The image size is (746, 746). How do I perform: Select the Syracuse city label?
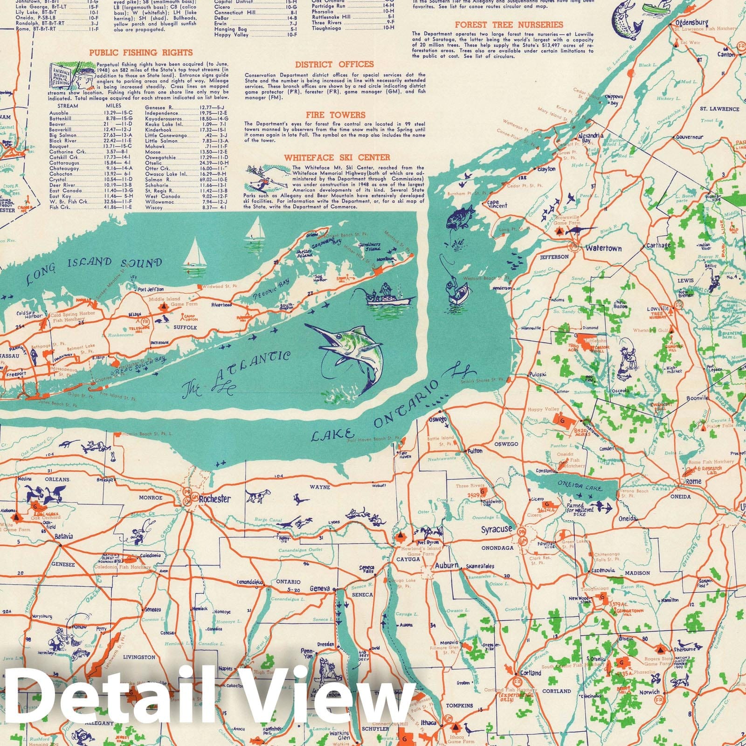click(x=497, y=529)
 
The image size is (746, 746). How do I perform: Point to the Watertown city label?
click(x=603, y=249)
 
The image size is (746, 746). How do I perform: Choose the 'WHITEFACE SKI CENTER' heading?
click(x=337, y=158)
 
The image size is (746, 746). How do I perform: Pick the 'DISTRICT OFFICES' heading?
click(x=334, y=64)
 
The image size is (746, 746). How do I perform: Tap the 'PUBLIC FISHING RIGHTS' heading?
click(x=141, y=53)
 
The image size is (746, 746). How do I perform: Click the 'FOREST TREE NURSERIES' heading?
click(x=509, y=25)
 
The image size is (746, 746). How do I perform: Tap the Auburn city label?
click(x=446, y=565)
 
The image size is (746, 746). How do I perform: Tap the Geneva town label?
click(x=320, y=588)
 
